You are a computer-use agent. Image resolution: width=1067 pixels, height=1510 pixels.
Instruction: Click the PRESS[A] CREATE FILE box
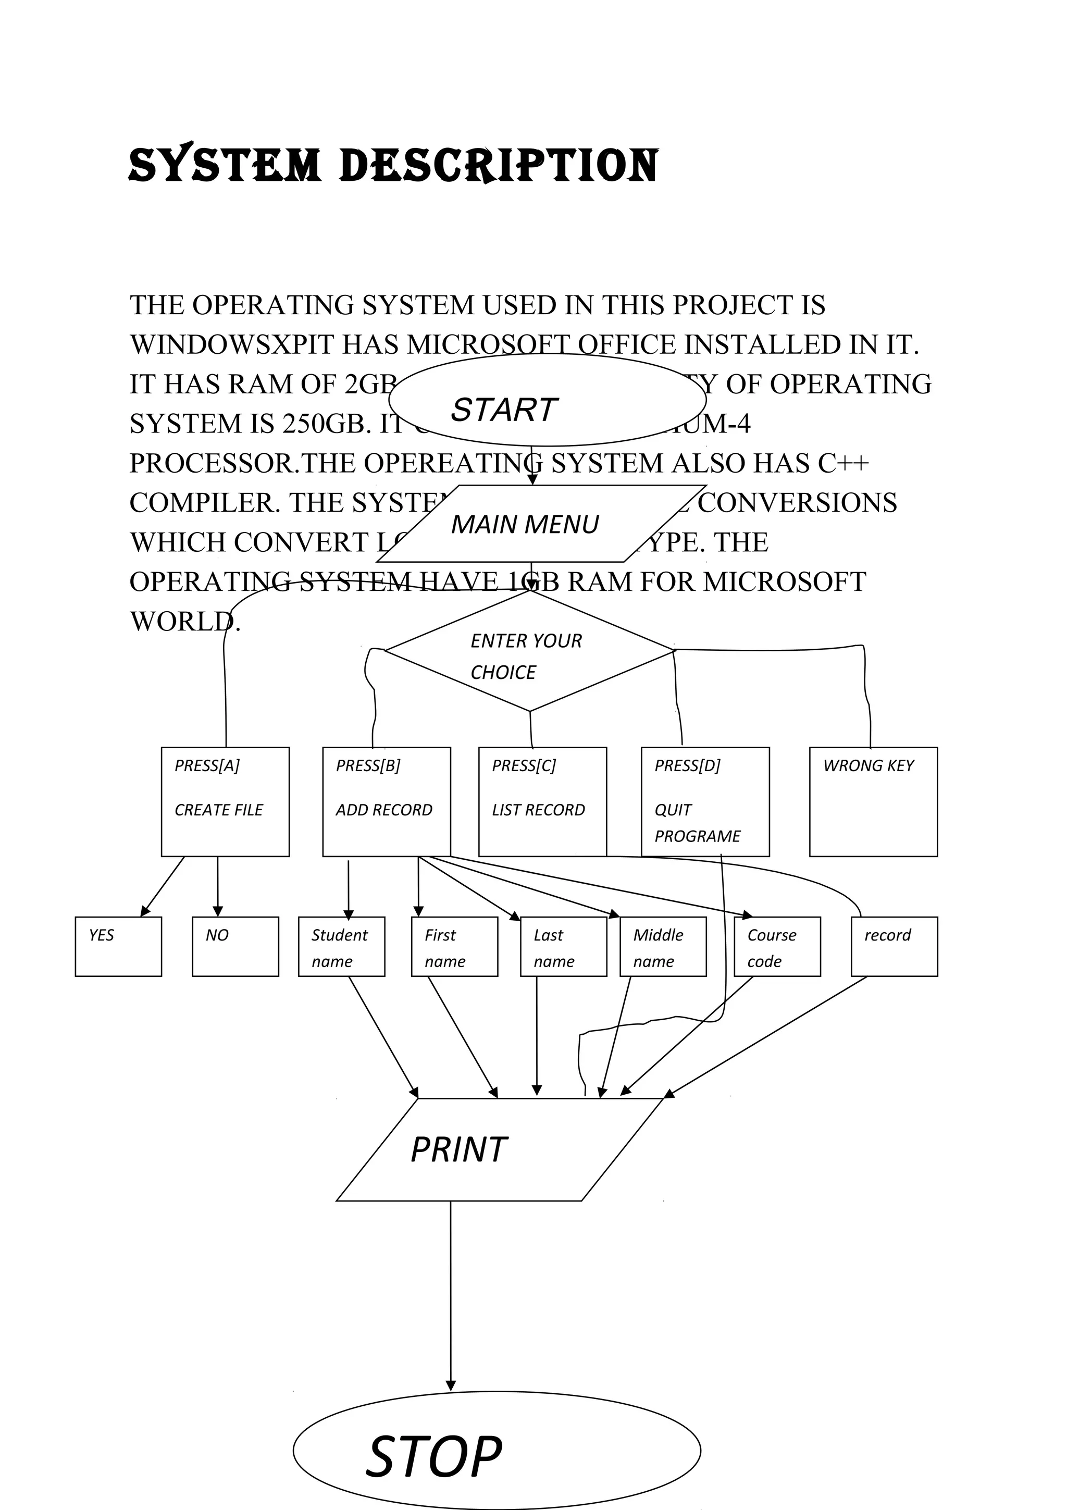pyautogui.click(x=225, y=802)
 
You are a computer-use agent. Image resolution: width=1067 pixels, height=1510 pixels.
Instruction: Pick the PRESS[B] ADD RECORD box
pyautogui.click(x=386, y=802)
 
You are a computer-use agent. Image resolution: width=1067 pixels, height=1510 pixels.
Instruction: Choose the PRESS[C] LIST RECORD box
pyautogui.click(x=542, y=802)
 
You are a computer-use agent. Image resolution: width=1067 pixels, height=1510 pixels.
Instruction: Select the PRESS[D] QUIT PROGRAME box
pyautogui.click(x=705, y=802)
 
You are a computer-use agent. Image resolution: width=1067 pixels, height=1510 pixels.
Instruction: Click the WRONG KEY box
pyautogui.click(x=873, y=802)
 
